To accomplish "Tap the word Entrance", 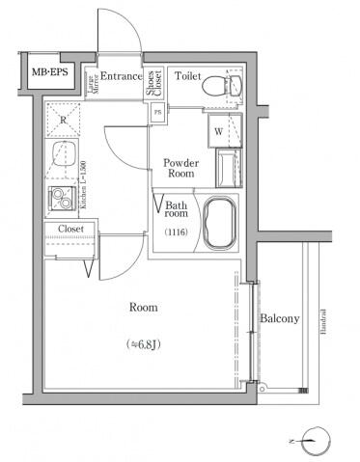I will click(122, 77).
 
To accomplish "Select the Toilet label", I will click(187, 76).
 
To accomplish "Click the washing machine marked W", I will click(219, 130).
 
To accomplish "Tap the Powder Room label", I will click(180, 168).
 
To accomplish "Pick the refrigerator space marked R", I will click(63, 119).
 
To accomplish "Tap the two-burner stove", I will click(62, 200).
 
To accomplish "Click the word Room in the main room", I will click(144, 308).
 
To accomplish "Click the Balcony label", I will click(279, 318).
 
